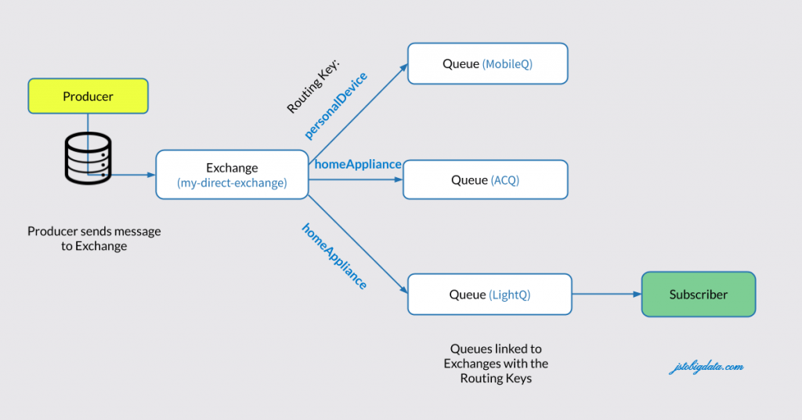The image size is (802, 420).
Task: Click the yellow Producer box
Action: [x=88, y=97]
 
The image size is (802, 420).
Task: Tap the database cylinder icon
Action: [x=87, y=158]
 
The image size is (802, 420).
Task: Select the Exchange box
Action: [x=232, y=175]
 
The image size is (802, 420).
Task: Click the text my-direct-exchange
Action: [x=232, y=183]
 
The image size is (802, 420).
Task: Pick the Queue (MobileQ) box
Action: [x=487, y=63]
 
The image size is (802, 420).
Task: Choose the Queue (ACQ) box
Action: [x=485, y=180]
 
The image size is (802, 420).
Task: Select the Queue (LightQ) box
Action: [x=490, y=295]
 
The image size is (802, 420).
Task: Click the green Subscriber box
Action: [x=698, y=295]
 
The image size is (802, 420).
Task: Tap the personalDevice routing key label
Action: [x=336, y=106]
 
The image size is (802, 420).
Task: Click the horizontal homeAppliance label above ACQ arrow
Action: [x=358, y=165]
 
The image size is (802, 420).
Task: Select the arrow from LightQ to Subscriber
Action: [x=606, y=295]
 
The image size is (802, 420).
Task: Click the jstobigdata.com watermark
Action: [x=706, y=367]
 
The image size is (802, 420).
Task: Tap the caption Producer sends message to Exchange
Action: [x=94, y=238]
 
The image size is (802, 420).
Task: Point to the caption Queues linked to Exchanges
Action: [x=496, y=364]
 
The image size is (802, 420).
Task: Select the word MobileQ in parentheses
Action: [x=508, y=64]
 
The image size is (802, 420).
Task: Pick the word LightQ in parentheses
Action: [x=510, y=295]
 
